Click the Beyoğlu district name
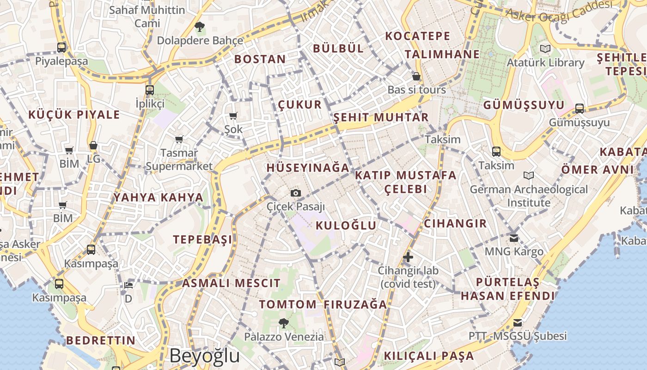(204, 356)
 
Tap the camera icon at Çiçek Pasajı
(296, 193)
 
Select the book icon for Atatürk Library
(545, 49)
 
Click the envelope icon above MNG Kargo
(514, 238)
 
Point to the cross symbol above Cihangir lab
(408, 257)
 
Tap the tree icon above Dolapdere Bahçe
(200, 27)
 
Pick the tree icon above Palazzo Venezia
(284, 323)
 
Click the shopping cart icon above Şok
(233, 116)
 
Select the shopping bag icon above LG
(93, 146)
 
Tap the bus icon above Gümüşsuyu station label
(580, 109)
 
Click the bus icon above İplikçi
(150, 90)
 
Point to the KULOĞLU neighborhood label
(346, 226)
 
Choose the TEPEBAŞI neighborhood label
(202, 240)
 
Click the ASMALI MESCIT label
(231, 283)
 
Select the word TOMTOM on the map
(287, 304)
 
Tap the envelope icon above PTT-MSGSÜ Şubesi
(518, 322)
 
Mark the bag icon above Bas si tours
(416, 76)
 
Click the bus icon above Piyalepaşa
(61, 47)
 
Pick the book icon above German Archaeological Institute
(529, 176)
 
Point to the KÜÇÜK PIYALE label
(74, 115)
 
